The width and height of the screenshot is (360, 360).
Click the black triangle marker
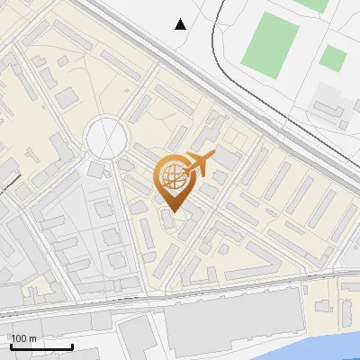point(181,24)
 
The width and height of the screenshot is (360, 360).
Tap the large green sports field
point(271,45)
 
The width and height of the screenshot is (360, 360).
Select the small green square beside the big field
point(333,58)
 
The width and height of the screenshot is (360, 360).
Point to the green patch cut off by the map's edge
point(313,4)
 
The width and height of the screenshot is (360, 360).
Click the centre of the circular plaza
point(104,138)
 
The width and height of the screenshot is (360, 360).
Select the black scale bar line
point(41,346)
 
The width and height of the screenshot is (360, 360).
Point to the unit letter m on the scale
point(32,338)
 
